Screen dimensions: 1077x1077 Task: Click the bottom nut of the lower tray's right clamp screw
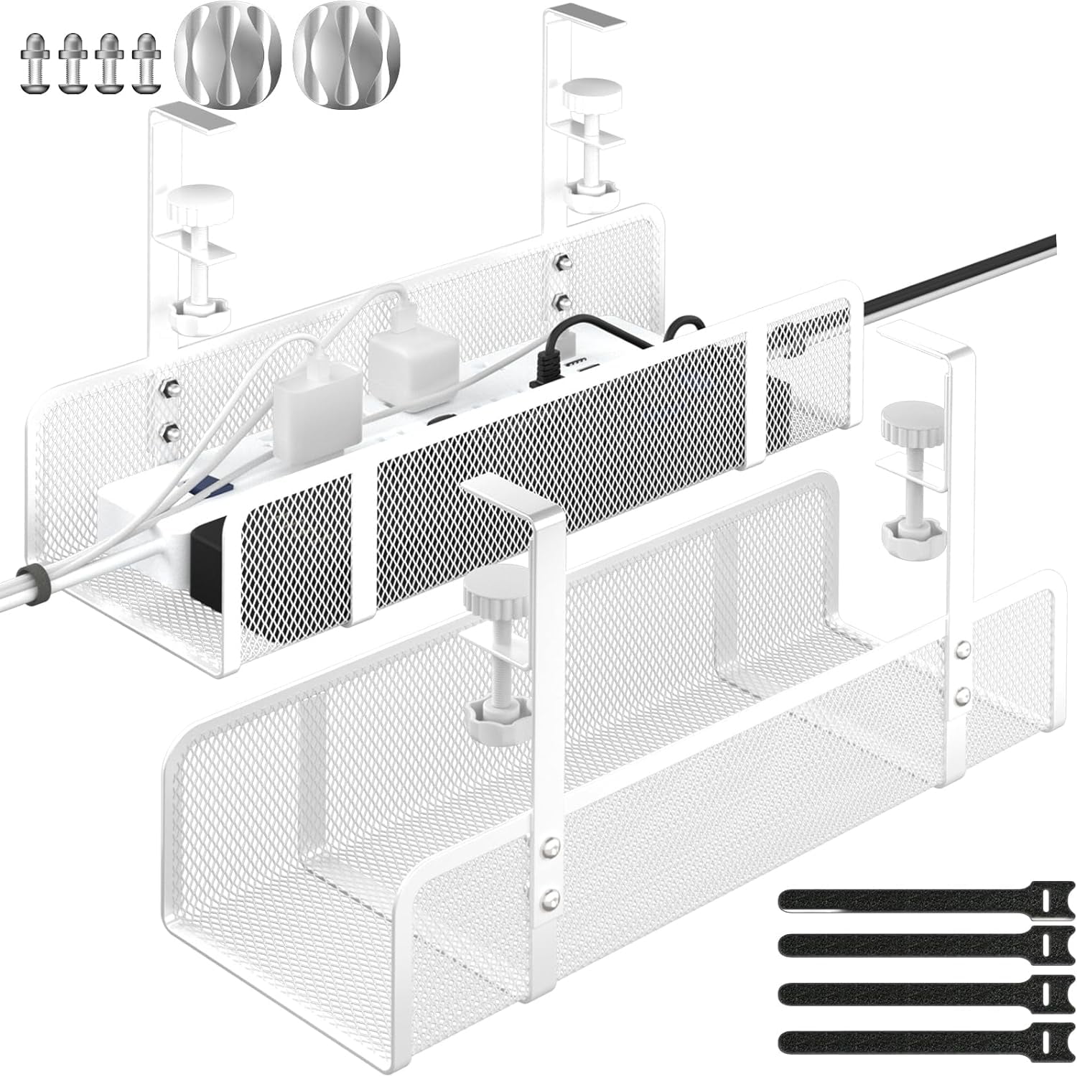tap(905, 532)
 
